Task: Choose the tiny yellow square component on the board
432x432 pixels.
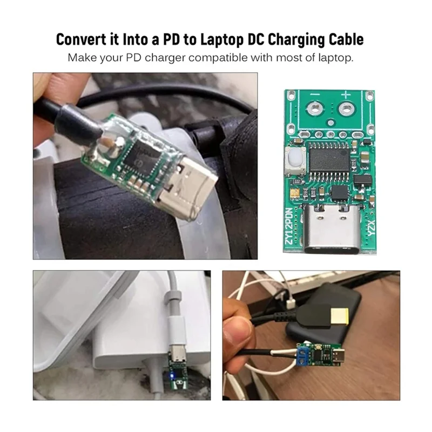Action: (295, 192)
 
